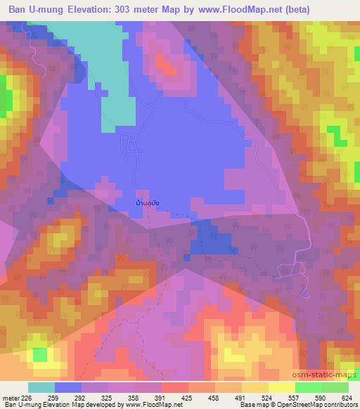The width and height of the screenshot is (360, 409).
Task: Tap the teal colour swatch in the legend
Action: click(x=41, y=387)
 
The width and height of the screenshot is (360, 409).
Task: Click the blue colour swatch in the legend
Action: click(x=68, y=387)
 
